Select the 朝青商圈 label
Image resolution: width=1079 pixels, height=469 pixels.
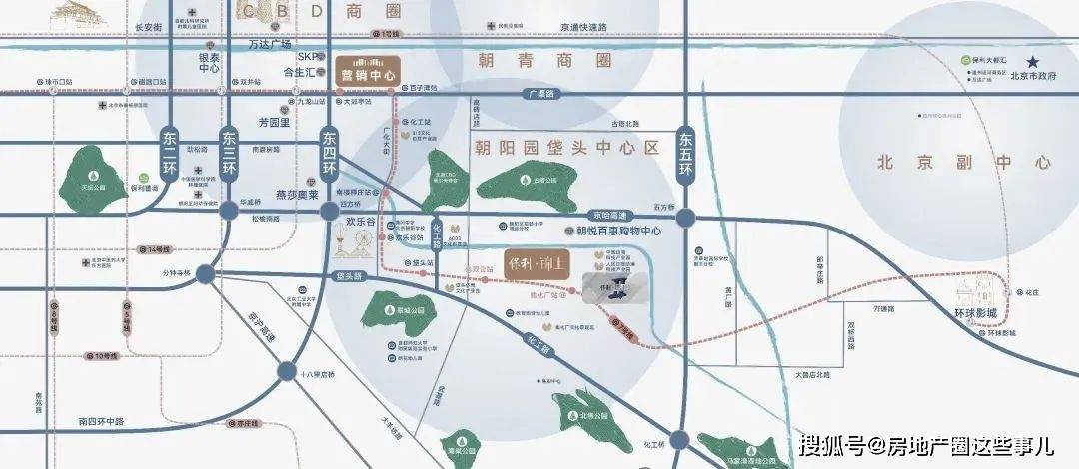(543, 59)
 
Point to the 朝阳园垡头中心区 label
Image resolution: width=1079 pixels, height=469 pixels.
(565, 148)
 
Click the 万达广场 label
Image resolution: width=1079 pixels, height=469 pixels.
(270, 45)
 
